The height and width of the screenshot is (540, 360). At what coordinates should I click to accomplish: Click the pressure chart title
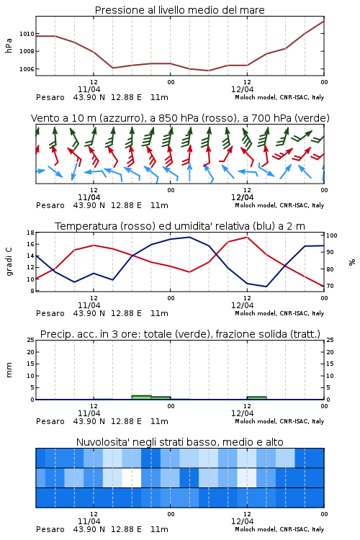pos(179,10)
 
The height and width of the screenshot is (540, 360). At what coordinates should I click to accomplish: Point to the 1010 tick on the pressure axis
pos(27,34)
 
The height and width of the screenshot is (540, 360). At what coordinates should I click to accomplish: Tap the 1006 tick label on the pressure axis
pos(27,69)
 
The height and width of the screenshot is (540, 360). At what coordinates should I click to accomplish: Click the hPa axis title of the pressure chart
pos(9,46)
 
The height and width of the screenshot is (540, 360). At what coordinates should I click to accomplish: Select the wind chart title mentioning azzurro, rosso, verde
pos(180,118)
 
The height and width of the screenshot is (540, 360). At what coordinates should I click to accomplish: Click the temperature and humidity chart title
pos(180,226)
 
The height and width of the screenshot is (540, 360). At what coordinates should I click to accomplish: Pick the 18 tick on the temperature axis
pos(31,233)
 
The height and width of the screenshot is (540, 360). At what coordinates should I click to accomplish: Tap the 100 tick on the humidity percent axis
pos(331,235)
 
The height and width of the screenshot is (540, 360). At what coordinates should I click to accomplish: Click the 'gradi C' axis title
pos(9,261)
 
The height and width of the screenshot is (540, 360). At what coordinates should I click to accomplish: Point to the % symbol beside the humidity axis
pos(352,262)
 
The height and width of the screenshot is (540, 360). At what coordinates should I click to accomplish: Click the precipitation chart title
pos(180,334)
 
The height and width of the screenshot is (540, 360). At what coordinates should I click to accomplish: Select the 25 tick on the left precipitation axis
pos(31,340)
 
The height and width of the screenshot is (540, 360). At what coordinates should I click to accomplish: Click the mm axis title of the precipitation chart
pos(9,370)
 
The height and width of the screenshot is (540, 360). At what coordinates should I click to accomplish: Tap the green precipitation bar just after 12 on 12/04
pos(256,398)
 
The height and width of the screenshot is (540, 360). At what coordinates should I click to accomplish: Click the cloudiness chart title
pos(179,442)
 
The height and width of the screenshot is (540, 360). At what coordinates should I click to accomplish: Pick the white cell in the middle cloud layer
pos(132,477)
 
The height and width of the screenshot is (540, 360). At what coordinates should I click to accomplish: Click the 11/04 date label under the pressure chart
pos(89,89)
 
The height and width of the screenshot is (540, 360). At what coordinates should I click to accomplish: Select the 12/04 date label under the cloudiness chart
pos(242,521)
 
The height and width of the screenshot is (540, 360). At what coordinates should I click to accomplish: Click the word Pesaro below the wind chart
pos(50,205)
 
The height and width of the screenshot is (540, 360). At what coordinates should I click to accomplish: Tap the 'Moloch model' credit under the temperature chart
pos(256,313)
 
